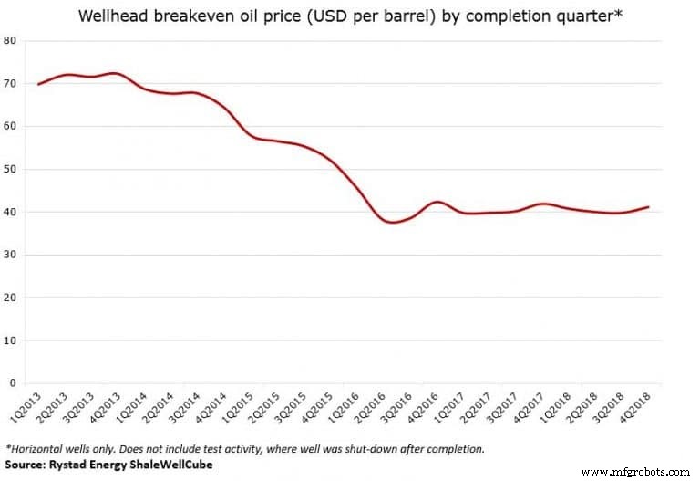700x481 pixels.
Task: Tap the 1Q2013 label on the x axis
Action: [24, 404]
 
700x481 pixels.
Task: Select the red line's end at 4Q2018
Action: [648, 207]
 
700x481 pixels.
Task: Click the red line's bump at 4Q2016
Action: [437, 202]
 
